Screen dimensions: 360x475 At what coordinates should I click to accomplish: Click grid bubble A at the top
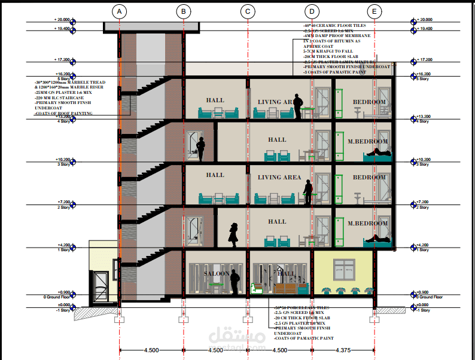(x=120, y=11)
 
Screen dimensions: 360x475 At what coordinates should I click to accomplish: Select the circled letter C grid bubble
(x=248, y=11)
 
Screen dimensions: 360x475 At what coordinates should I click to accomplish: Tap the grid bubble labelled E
(x=374, y=11)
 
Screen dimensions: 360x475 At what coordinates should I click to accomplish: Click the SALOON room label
(x=217, y=273)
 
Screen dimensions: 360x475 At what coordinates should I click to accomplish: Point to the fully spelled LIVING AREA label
(x=279, y=178)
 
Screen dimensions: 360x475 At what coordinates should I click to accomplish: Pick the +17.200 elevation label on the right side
(x=424, y=60)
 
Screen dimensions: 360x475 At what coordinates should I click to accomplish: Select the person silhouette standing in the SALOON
(x=235, y=281)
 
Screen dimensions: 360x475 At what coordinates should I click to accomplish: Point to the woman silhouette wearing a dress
(x=233, y=234)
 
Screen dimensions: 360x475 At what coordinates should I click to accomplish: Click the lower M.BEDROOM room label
(x=368, y=224)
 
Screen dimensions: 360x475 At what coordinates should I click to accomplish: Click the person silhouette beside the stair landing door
(x=202, y=149)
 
